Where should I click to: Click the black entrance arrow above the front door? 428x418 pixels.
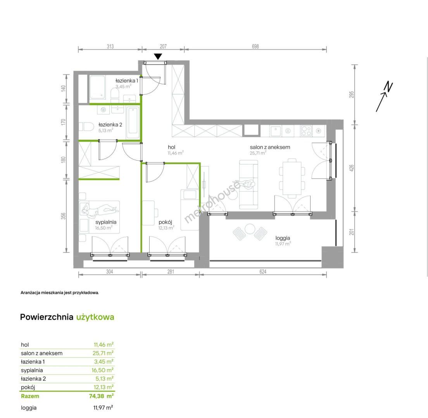coord(158,57)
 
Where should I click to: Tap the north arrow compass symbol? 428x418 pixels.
coord(384,96)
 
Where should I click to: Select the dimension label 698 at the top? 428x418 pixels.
coord(255,46)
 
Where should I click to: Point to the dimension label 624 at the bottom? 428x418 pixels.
coord(262,271)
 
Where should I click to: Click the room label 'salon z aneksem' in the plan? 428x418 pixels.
coord(270,147)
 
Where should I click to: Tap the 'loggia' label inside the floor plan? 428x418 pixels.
coord(283,238)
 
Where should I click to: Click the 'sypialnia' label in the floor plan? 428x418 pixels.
coord(106,222)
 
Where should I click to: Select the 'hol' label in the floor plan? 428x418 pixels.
coord(172,147)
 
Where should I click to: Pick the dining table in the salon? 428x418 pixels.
coord(292,178)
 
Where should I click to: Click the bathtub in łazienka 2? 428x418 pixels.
coord(133,123)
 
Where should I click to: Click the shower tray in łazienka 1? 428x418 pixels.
coord(97,87)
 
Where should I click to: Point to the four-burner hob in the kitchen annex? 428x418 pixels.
coord(306,131)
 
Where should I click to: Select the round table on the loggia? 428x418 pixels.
coord(250,229)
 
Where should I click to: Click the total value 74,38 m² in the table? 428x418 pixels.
coord(101,396)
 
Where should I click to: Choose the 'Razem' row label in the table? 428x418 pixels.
coord(30,396)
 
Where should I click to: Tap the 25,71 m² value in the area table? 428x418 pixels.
coord(103,353)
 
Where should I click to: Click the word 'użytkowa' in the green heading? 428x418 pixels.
coord(95,317)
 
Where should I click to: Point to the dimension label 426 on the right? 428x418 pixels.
coord(352,168)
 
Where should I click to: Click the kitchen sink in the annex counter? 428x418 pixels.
coord(275,131)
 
